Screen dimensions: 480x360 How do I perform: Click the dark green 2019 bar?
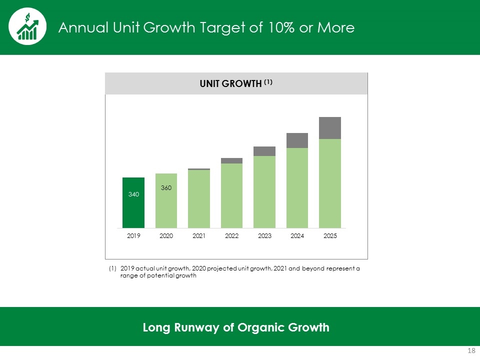point(133,202)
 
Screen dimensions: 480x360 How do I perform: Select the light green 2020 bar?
point(166,201)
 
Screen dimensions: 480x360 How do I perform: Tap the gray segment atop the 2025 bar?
point(330,128)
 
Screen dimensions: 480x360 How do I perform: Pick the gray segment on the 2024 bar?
point(297,140)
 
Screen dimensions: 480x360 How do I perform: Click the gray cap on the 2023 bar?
point(264,151)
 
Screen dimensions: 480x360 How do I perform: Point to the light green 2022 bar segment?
point(231,195)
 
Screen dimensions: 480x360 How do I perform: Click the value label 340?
point(133,194)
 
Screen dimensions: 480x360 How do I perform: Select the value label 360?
point(166,188)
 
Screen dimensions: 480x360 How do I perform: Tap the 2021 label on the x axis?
point(199,235)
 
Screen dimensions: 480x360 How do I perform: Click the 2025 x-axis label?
point(330,235)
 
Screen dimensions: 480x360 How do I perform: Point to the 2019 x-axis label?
point(133,235)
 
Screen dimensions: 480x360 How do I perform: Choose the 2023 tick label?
point(264,235)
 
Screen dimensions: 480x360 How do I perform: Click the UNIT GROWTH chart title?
point(236,83)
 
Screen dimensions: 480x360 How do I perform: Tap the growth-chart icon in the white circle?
point(27,26)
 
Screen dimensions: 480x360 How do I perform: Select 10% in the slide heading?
point(281,27)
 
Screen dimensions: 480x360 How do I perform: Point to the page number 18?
point(471,350)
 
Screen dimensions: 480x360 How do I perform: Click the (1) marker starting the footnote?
point(112,268)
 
